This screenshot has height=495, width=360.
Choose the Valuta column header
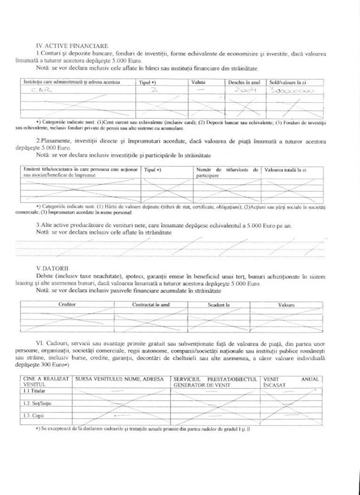(x=199, y=81)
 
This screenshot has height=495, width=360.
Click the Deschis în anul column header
(x=244, y=81)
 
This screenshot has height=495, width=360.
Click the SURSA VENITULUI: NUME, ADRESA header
(x=121, y=380)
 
